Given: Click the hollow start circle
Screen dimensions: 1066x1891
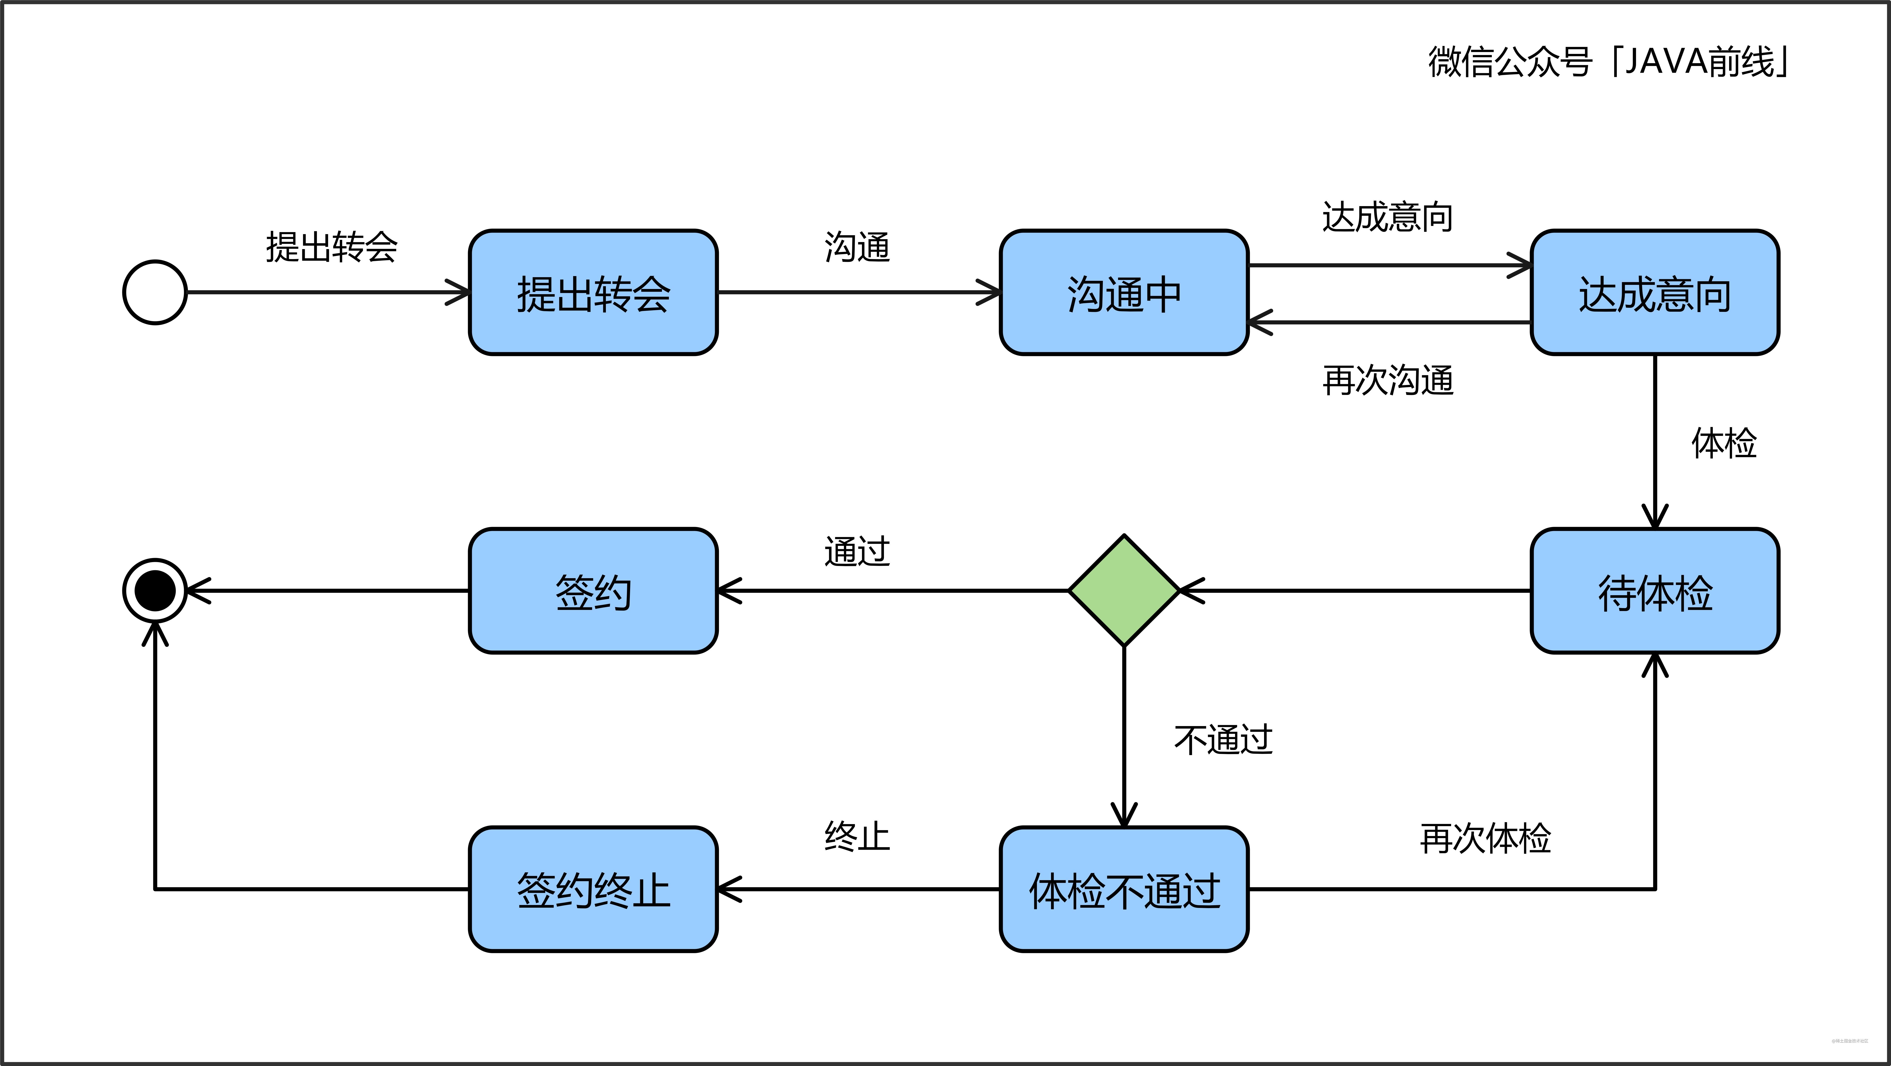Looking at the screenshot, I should pos(155,292).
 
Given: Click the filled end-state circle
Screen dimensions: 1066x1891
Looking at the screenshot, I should pos(155,591).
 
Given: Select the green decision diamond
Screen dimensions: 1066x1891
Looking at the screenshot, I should pos(1124,591).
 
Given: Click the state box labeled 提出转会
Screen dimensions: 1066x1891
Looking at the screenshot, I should pos(593,293).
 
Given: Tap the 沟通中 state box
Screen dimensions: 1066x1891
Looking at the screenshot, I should pos(1124,293).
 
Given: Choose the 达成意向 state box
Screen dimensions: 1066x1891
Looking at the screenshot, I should pos(1655,293).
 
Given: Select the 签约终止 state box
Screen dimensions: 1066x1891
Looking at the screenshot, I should pos(593,890).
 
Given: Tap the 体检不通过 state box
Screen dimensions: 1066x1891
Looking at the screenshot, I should pos(1124,890).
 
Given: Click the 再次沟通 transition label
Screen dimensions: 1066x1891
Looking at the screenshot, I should pos(1387,380).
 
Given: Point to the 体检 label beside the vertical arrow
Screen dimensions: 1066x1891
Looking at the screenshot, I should pos(1724,443).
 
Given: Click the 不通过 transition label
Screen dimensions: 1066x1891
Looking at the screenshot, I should pos(1223,739).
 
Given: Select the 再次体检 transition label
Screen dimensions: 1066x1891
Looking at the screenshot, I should pos(1485,838).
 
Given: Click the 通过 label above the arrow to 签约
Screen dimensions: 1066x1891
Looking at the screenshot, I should pos(857,551).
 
